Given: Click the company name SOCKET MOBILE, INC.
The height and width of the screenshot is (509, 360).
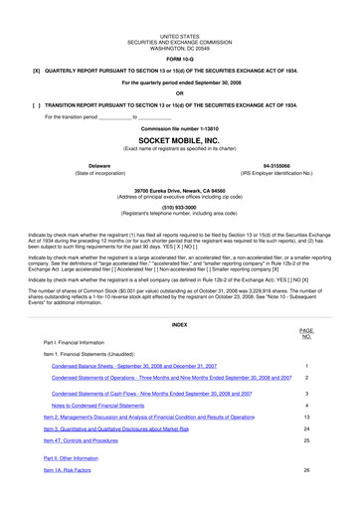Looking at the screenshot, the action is pos(180,141).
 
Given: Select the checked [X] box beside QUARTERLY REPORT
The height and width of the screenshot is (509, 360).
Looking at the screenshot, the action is pos(36,71).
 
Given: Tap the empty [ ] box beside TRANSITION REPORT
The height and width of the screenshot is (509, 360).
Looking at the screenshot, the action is pos(36,103).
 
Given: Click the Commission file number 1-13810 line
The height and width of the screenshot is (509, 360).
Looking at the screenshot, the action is pos(180,129).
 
